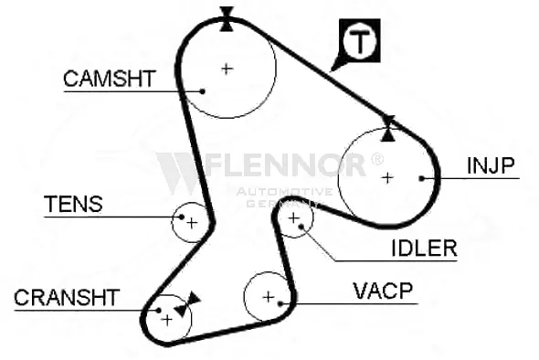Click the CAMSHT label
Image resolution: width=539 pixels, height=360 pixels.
tap(110, 79)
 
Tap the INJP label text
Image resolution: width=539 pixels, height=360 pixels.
tap(491, 165)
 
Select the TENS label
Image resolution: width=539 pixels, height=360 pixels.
tap(73, 204)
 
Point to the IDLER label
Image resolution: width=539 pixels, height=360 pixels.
tap(424, 248)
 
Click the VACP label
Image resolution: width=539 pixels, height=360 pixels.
tap(383, 291)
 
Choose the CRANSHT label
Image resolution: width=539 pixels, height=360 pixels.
tap(67, 298)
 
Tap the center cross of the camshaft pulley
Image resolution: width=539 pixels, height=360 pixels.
tap(227, 69)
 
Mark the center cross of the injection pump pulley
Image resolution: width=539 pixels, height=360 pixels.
tap(387, 178)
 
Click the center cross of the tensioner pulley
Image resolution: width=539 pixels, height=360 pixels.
tap(192, 224)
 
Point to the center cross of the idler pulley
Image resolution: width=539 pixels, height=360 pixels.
tap(293, 218)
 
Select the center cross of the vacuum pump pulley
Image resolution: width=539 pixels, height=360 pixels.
tap(268, 297)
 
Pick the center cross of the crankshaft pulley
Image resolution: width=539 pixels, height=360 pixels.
tap(167, 320)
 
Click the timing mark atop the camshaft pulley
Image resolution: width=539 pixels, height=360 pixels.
tap(227, 19)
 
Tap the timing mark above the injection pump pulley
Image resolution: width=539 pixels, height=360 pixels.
tap(388, 129)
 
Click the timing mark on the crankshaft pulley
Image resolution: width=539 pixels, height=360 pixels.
tap(186, 304)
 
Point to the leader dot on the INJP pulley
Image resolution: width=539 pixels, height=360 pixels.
tap(422, 178)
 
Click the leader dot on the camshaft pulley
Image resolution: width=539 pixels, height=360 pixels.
tap(203, 91)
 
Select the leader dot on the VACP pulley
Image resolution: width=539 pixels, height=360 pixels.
tap(280, 303)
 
